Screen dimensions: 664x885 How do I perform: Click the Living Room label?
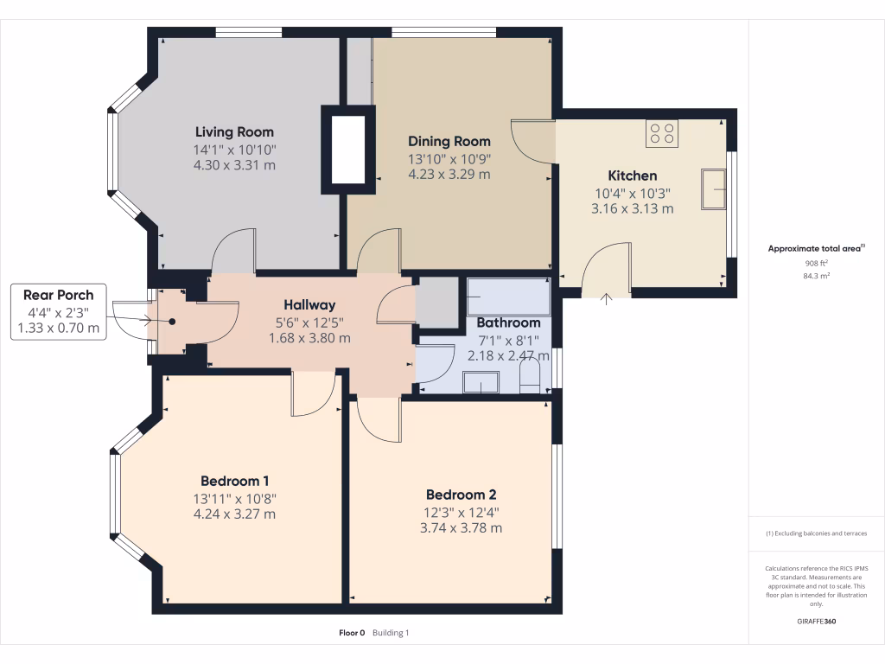(234, 132)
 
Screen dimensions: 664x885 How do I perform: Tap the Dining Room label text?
(449, 141)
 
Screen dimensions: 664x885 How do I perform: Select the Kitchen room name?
(632, 176)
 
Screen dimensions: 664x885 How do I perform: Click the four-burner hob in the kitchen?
(662, 132)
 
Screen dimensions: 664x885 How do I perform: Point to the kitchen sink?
(714, 189)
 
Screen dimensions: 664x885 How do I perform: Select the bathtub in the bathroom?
(508, 297)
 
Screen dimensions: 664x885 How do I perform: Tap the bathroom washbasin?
(481, 382)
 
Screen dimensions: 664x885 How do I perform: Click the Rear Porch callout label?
(58, 295)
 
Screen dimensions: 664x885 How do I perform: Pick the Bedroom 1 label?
(235, 481)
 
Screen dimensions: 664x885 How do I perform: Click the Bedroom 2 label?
(461, 495)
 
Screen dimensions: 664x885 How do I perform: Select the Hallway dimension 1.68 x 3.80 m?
(309, 338)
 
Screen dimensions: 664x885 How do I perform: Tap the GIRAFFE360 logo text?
(817, 621)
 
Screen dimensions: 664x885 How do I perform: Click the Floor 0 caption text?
(352, 633)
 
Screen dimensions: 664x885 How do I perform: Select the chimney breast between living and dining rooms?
(348, 149)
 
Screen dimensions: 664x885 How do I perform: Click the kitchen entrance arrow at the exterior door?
(605, 299)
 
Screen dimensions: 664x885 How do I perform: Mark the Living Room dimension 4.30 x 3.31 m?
(234, 164)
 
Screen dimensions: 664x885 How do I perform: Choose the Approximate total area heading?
(815, 248)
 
